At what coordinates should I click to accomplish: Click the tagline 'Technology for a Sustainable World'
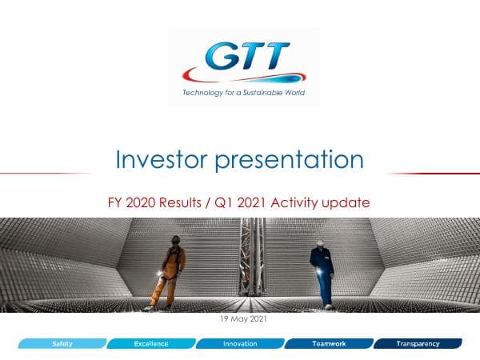(x=244, y=92)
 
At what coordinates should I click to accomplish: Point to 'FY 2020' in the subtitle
(x=132, y=203)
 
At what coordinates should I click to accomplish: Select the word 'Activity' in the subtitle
(x=296, y=203)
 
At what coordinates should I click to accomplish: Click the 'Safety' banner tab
(x=63, y=344)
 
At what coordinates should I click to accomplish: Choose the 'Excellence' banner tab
(x=150, y=344)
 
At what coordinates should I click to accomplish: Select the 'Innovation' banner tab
(x=239, y=344)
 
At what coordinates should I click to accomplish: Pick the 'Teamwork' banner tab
(x=328, y=344)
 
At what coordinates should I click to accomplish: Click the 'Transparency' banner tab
(x=418, y=344)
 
